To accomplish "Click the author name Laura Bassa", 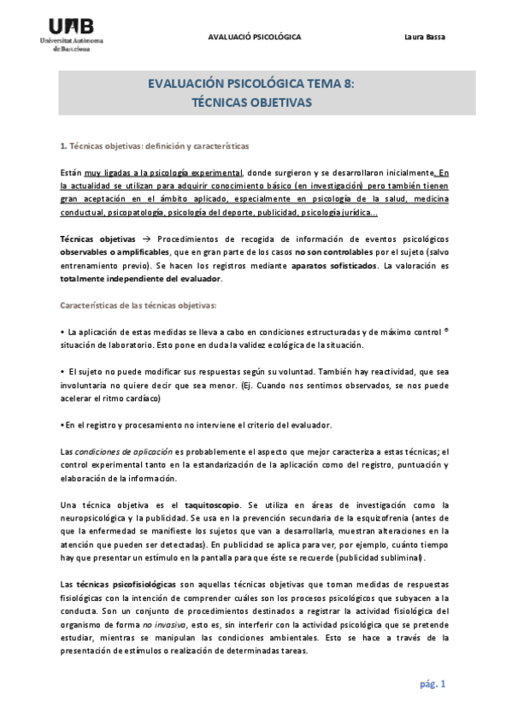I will (x=425, y=37).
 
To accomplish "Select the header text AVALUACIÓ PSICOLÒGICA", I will (x=255, y=37).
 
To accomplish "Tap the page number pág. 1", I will (x=433, y=684).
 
